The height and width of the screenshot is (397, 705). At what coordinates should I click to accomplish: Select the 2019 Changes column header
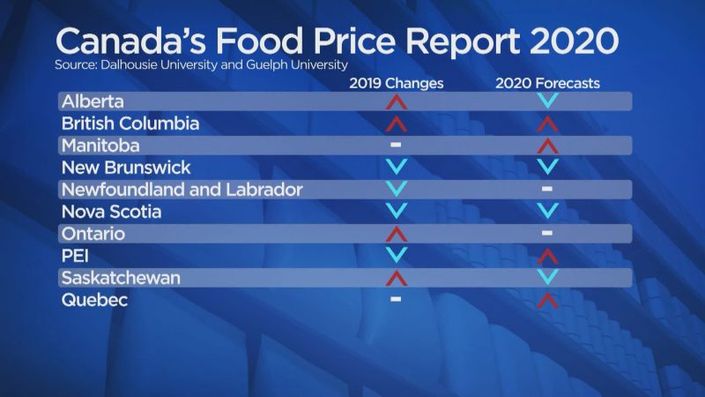(x=396, y=84)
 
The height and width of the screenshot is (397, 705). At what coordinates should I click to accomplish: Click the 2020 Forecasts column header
(x=546, y=84)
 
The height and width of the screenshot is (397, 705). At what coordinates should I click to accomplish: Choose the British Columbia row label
(x=130, y=124)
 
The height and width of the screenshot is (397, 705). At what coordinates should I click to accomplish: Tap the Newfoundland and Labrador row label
(x=182, y=190)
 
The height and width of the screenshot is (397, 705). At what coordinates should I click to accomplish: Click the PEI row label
(x=78, y=256)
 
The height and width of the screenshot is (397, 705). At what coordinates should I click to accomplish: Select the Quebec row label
(x=94, y=301)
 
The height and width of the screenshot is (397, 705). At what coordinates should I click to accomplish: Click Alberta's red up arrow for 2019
(x=396, y=101)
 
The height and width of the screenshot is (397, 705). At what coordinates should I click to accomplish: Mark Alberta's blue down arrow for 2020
(x=547, y=101)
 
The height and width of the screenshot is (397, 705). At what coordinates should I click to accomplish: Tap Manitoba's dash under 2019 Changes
(x=396, y=144)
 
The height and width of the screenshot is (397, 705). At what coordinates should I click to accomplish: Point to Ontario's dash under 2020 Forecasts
(x=547, y=233)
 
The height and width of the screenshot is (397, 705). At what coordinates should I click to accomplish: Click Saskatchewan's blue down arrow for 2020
(x=547, y=277)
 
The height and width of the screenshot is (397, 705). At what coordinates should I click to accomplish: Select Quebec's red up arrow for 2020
(x=547, y=300)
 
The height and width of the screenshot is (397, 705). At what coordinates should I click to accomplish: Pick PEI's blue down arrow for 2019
(x=396, y=255)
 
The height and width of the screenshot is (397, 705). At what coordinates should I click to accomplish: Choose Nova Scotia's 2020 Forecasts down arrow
(x=547, y=211)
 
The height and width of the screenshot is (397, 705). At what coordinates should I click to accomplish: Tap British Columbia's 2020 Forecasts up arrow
(x=547, y=124)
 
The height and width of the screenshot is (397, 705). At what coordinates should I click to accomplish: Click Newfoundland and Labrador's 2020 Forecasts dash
(x=547, y=189)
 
